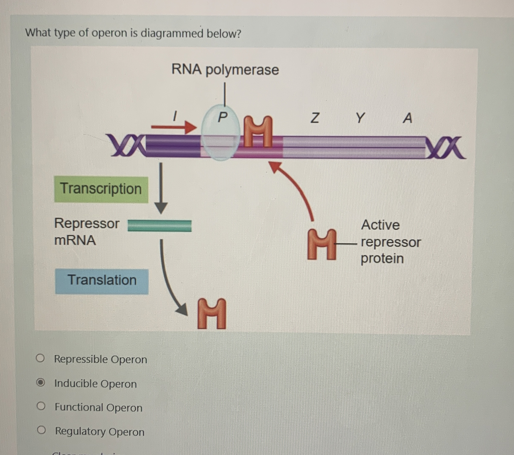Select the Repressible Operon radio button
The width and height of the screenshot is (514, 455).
click(x=40, y=358)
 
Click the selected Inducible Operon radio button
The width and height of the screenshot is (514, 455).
click(x=40, y=383)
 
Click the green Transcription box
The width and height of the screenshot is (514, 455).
click(x=101, y=189)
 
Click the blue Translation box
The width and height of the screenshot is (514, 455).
click(x=102, y=281)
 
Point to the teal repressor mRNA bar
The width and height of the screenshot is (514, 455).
click(x=160, y=226)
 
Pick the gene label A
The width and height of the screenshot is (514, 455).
click(x=407, y=118)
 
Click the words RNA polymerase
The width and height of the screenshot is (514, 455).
click(x=225, y=69)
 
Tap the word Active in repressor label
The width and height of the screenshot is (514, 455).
click(x=380, y=225)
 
